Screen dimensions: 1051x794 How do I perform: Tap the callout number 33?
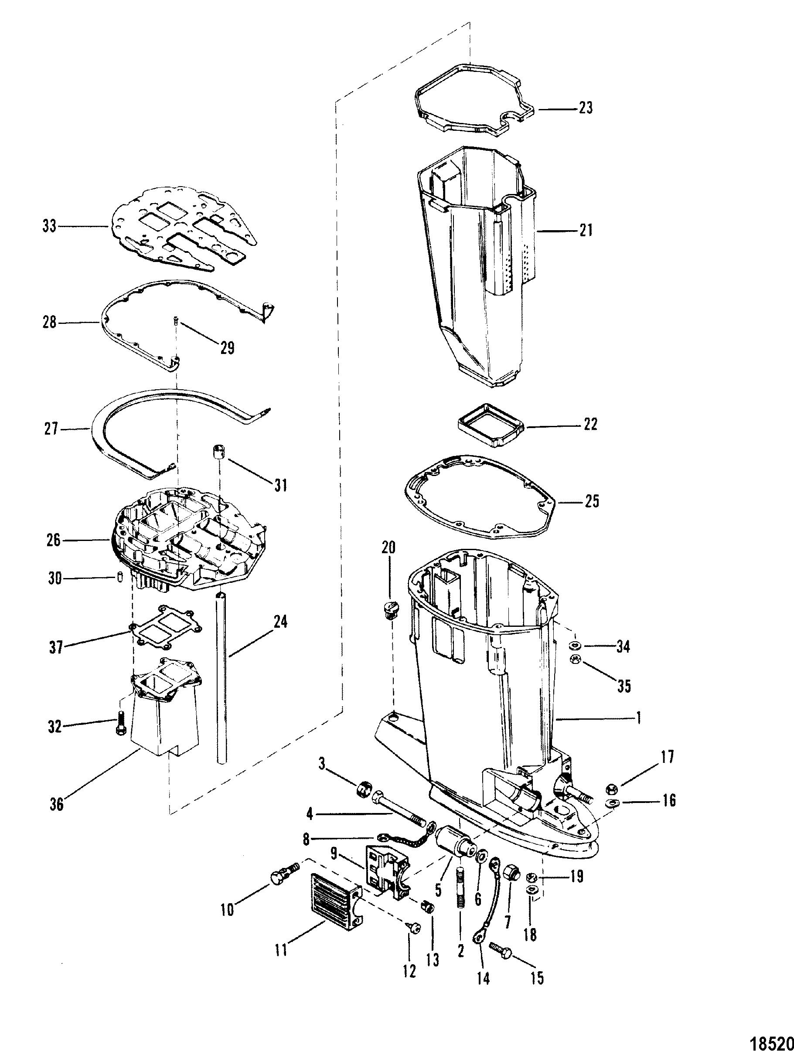pos(49,226)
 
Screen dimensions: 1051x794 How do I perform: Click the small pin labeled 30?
pos(120,578)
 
